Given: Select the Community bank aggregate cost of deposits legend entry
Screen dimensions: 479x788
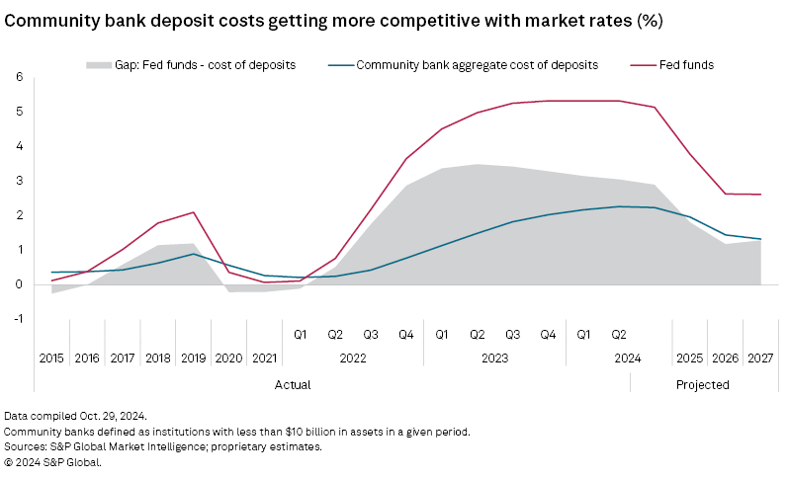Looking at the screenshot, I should click(x=477, y=65).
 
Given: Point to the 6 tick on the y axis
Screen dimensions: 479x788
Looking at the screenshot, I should click(x=19, y=77).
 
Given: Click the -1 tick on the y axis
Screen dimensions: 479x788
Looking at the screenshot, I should click(x=17, y=319).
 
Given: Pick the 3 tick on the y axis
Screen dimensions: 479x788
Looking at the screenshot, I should click(x=19, y=181).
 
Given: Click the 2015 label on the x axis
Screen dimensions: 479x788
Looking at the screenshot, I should click(x=51, y=358).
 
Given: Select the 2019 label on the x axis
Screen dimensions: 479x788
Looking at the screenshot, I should click(x=194, y=358).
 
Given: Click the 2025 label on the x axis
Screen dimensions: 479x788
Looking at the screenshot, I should click(x=689, y=358).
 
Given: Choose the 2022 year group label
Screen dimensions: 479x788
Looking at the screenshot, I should click(x=353, y=358).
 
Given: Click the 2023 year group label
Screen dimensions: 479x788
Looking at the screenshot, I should click(x=494, y=358).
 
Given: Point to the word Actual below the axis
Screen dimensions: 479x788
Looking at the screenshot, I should click(x=293, y=384).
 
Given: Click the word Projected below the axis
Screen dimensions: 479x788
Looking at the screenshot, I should click(x=702, y=384).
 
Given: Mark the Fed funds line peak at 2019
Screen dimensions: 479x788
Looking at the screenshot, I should click(x=194, y=212).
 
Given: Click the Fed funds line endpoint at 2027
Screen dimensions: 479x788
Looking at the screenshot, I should click(x=760, y=195).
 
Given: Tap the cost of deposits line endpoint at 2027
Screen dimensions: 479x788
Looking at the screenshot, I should click(x=760, y=239).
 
